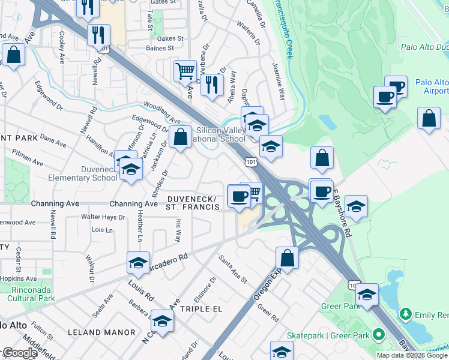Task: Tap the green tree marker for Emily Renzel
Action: tap(406, 314)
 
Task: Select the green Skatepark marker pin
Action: tap(378, 334)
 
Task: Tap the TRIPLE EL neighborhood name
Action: tap(202, 308)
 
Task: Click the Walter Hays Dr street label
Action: tap(103, 217)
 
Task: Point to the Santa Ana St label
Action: tap(233, 269)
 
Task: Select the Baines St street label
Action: tap(159, 48)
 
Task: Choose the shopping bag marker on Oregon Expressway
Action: tap(288, 258)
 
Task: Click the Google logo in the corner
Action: tap(20, 353)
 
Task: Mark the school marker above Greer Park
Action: tap(367, 294)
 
